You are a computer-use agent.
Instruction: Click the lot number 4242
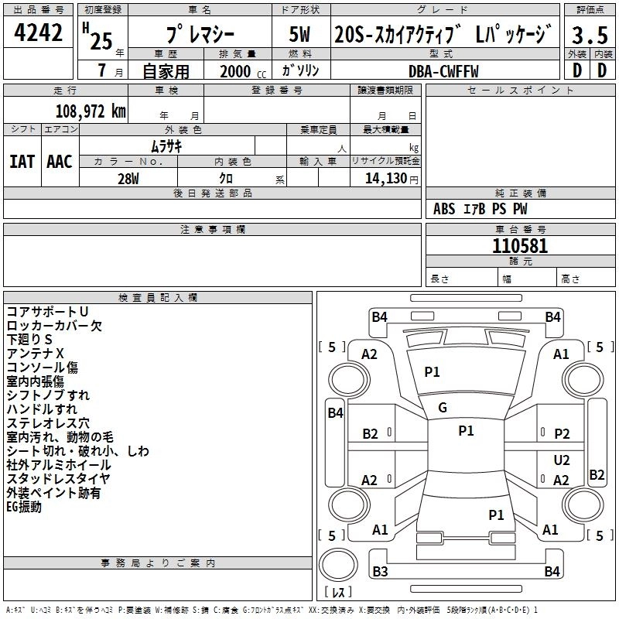pos(39,32)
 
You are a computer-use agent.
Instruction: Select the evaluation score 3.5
pos(590,35)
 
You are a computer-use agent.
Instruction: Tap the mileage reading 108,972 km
pos(91,110)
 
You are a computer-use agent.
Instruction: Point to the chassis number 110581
pos(520,246)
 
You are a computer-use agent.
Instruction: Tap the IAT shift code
pos(22,161)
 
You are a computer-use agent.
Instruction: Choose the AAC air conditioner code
pos(59,161)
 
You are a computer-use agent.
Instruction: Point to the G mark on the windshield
pos(443,408)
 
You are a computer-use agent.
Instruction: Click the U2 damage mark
pos(562,460)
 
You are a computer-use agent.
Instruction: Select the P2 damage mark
pos(562,434)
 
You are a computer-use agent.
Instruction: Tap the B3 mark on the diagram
pos(380,572)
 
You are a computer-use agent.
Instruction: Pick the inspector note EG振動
pos(24,507)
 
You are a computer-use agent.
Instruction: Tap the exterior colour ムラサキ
pos(166,145)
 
